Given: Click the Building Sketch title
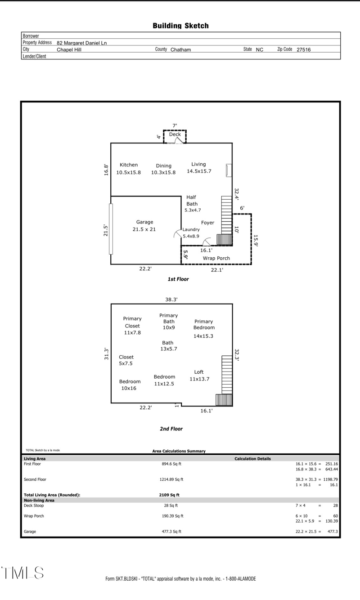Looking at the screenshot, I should [x=180, y=26].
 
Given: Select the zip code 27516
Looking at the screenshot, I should [x=303, y=50].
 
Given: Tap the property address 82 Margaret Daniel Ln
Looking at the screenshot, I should [x=81, y=43].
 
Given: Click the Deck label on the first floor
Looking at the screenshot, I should [x=175, y=134].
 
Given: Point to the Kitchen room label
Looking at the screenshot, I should [x=129, y=165].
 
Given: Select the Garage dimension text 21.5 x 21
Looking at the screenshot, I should [x=144, y=229].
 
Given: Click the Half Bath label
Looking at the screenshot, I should [x=192, y=201].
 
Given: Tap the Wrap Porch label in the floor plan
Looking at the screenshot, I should [x=216, y=259].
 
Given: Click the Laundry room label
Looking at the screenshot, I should [x=191, y=229].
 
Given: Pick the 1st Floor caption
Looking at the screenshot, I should [x=178, y=279].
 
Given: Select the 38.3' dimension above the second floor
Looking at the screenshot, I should [x=171, y=299].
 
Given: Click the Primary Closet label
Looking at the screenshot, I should [x=132, y=322].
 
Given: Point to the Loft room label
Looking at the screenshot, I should [x=199, y=372].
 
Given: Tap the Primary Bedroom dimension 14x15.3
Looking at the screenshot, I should [x=203, y=336].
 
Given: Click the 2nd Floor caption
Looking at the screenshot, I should [x=171, y=429].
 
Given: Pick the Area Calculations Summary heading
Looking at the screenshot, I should [x=179, y=451].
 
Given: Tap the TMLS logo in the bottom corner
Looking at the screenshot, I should [x=22, y=573].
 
